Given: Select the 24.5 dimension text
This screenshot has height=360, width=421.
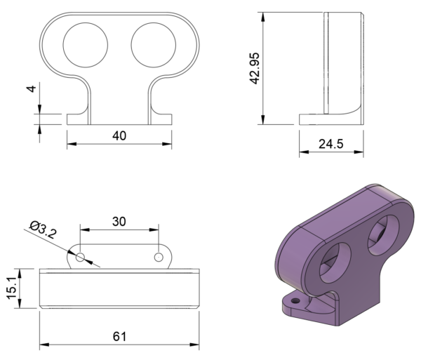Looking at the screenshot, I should tap(330, 145).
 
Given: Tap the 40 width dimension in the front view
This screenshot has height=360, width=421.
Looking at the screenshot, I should tap(119, 136).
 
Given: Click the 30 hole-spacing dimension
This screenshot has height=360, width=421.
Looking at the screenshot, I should tap(119, 221).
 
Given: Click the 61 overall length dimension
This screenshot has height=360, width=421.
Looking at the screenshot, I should tap(119, 337).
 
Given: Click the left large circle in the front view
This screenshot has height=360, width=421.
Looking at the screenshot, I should tap(86, 45).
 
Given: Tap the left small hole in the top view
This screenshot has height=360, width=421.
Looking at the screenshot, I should tap(81, 257).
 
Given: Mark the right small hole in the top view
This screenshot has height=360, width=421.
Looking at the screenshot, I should tap(159, 257).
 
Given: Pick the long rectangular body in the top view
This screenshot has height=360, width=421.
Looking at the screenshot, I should tap(119, 288).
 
